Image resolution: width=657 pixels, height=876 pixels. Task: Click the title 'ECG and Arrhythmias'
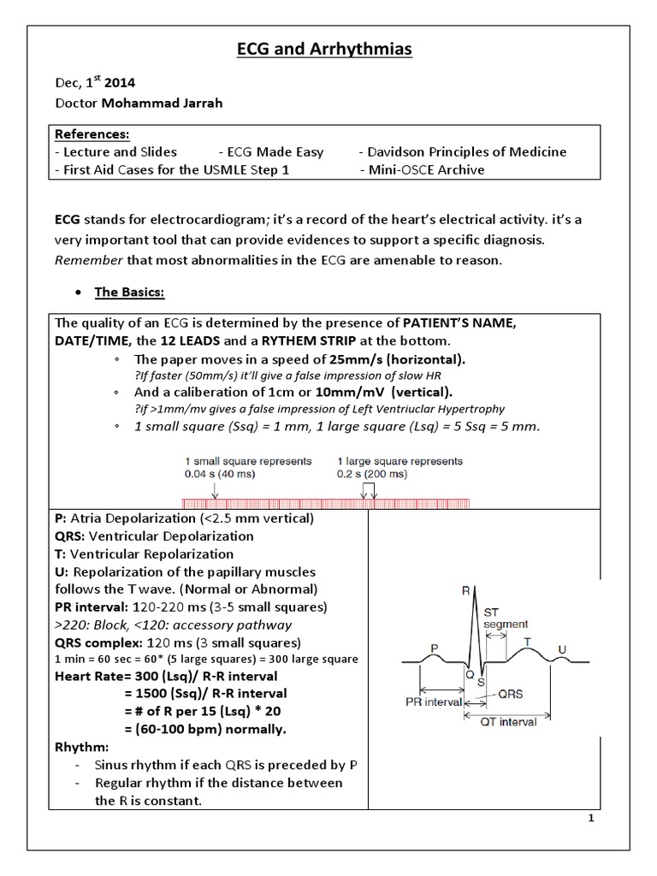click(324, 50)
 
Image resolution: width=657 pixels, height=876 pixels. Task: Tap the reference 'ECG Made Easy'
click(275, 152)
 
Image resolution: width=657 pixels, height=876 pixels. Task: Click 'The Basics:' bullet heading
click(129, 292)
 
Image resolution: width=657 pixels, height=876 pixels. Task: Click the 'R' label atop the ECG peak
click(465, 589)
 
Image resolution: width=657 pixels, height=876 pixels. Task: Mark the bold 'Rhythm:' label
click(79, 748)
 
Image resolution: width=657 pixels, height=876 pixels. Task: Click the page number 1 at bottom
click(590, 819)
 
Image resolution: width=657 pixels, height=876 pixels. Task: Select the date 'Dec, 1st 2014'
click(94, 84)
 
